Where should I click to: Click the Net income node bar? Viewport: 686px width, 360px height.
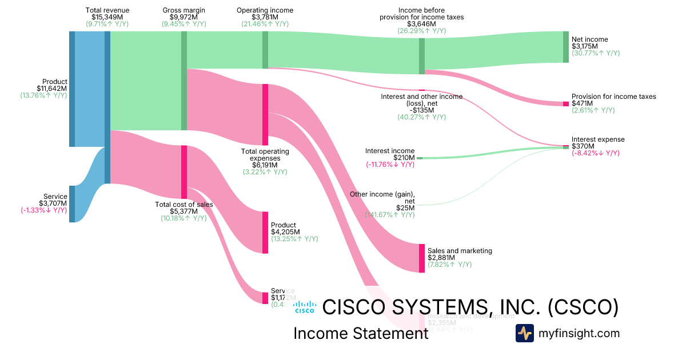click(566, 47)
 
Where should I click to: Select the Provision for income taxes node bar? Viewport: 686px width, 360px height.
click(566, 103)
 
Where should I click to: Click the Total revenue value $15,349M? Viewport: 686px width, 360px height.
click(107, 17)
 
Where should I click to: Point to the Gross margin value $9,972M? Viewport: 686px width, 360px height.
click(184, 17)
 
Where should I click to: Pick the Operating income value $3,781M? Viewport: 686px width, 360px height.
click(265, 17)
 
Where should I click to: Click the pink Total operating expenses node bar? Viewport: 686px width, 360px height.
click(265, 114)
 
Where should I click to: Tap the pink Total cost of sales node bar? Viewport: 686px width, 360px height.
click(184, 172)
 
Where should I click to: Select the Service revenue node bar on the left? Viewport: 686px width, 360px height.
click(72, 203)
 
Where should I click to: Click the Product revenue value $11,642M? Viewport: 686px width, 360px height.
click(52, 89)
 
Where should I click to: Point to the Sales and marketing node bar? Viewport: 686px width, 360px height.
click(422, 258)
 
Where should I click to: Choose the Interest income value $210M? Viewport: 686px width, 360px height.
click(404, 158)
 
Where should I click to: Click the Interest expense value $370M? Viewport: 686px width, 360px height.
click(583, 146)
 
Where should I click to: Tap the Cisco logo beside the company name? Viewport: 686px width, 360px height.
click(305, 307)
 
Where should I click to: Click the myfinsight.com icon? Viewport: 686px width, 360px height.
click(524, 333)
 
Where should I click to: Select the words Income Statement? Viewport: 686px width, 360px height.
click(361, 333)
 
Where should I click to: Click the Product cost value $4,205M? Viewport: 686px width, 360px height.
click(284, 232)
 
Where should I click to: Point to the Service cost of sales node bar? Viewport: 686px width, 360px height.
click(265, 298)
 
